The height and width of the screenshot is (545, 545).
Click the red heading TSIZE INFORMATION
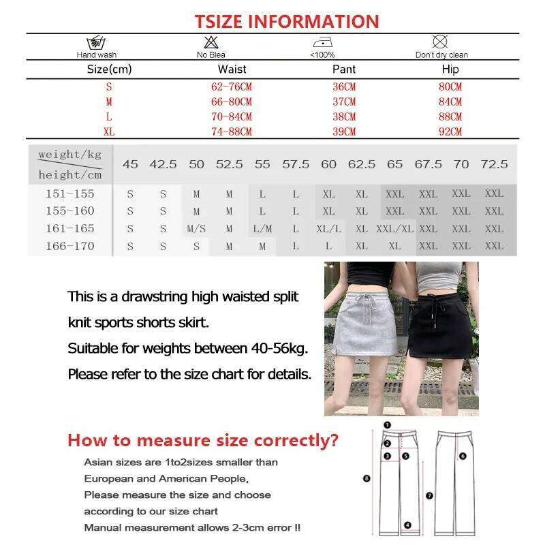click(286, 21)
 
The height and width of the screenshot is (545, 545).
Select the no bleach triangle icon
click(211, 42)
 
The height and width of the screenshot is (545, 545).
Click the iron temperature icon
click(322, 42)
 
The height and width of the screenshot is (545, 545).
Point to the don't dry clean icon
click(441, 42)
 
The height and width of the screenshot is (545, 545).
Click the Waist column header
click(232, 69)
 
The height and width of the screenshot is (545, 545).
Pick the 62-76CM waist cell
click(232, 87)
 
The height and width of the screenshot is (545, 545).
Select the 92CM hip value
click(450, 131)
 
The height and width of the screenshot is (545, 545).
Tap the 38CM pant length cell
click(344, 116)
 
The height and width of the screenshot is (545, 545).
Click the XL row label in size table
click(109, 131)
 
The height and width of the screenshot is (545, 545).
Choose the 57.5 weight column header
click(296, 164)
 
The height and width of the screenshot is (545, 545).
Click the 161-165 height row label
click(70, 228)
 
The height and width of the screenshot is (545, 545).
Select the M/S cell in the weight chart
click(196, 229)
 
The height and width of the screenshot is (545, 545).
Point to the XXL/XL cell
click(394, 229)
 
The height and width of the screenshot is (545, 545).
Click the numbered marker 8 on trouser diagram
click(367, 479)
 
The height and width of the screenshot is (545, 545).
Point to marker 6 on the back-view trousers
click(462, 456)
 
